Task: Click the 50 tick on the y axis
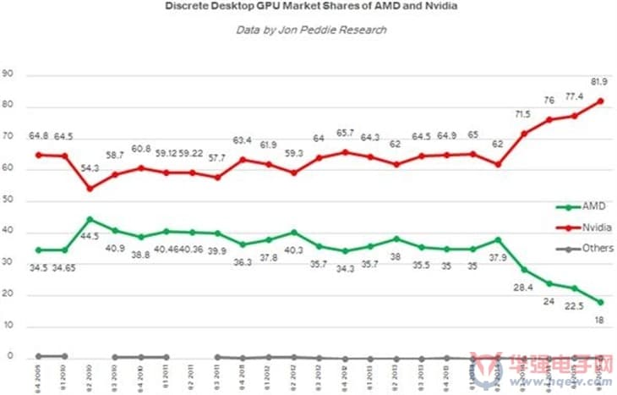(x=9, y=201)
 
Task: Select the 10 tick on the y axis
(x=9, y=326)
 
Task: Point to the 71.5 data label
(x=524, y=114)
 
